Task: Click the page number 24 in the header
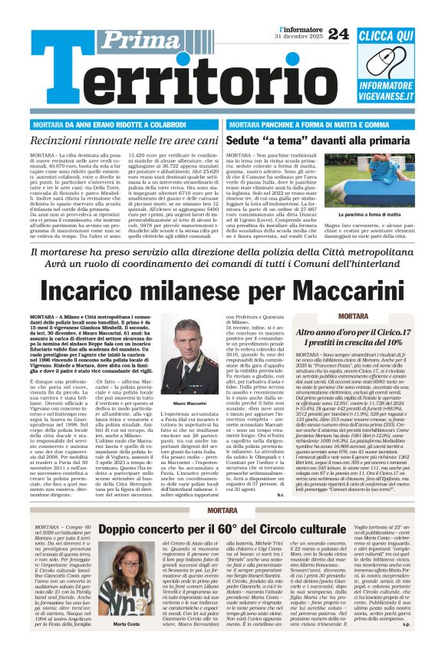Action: pyautogui.click(x=338, y=33)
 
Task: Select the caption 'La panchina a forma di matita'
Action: pyautogui.click(x=389, y=215)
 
